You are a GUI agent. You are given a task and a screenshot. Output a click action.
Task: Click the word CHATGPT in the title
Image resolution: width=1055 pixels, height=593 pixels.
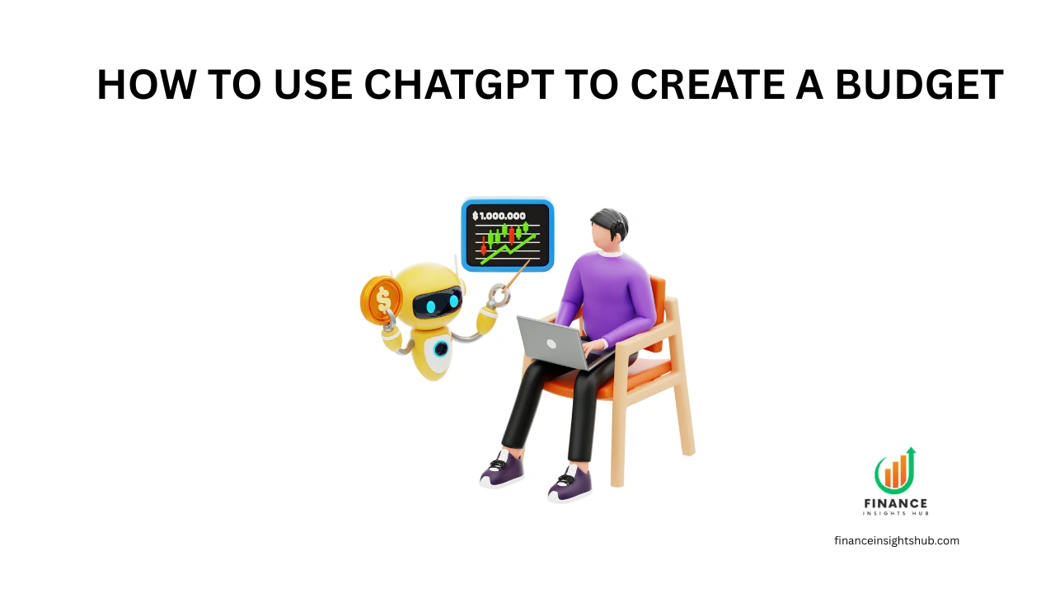pos(459,85)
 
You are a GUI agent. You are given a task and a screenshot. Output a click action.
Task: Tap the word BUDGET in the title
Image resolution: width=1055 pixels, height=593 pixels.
pos(919,85)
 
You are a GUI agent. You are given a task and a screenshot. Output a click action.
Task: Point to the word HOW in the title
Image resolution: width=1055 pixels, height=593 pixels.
pos(147,85)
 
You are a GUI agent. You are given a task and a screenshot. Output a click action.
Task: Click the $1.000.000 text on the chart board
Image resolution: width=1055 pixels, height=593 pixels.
pos(499,216)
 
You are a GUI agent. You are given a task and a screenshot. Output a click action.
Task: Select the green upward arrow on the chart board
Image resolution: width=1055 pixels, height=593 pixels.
pos(509,249)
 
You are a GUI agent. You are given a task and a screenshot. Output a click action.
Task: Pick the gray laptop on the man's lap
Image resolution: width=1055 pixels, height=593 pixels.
pos(560,343)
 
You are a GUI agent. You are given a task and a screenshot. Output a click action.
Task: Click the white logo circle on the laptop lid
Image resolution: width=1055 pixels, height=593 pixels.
pos(551,344)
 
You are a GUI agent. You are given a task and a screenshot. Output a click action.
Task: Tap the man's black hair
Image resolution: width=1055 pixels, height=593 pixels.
pos(612,223)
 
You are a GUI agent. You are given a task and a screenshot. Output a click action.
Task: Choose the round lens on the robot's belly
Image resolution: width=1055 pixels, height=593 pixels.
pos(441,348)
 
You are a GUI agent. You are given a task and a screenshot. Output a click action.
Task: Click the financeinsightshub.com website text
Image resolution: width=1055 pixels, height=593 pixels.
pos(897,541)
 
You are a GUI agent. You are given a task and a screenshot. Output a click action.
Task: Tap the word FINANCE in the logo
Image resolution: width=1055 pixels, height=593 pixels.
pos(895,504)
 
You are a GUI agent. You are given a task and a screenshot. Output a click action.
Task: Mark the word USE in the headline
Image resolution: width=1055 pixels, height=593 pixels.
pos(312,85)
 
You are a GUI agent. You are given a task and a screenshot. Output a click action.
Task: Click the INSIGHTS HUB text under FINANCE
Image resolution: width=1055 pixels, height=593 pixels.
pos(895,513)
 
